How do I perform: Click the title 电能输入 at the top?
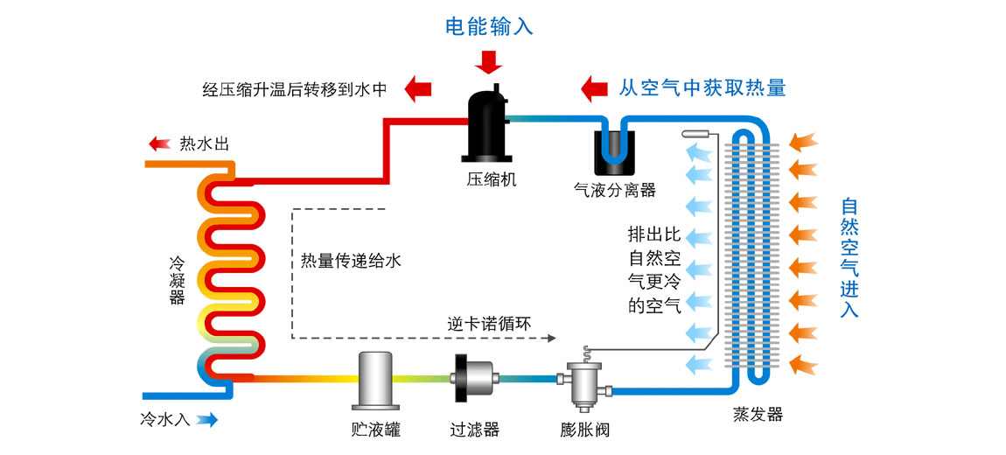(489, 27)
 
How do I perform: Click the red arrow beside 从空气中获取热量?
(595, 87)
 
